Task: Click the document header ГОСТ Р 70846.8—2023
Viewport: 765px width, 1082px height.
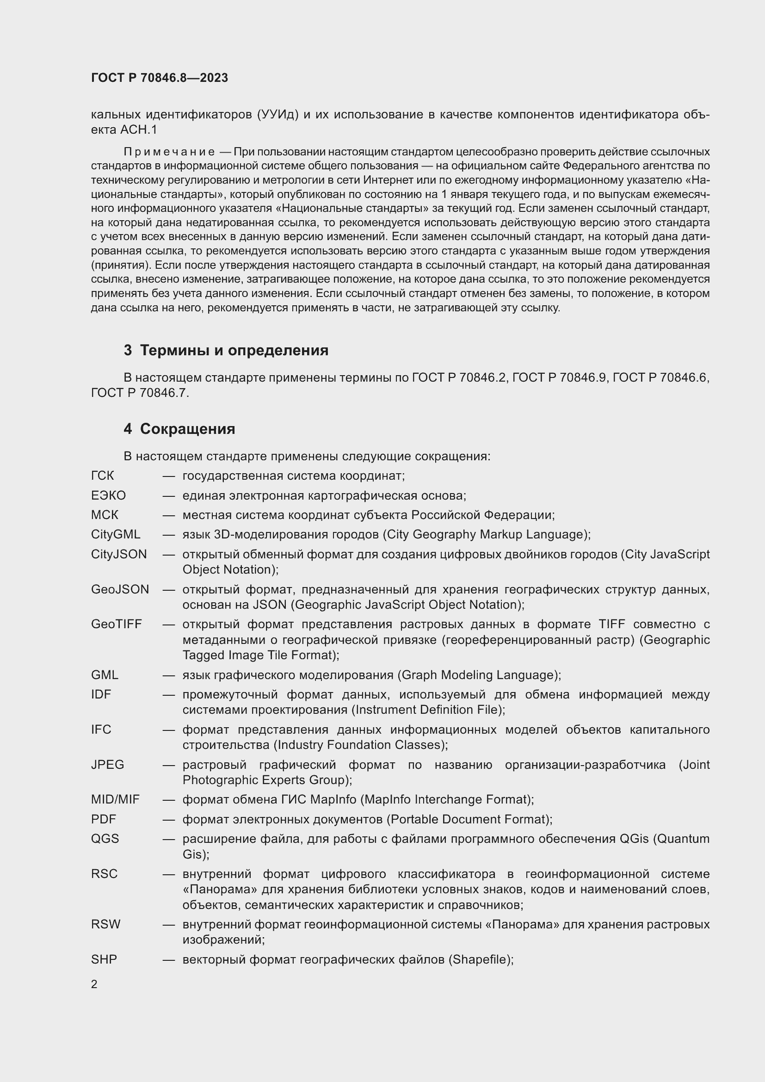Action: [159, 78]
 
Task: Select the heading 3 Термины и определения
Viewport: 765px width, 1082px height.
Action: [226, 350]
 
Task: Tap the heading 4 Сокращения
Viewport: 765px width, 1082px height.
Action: [179, 428]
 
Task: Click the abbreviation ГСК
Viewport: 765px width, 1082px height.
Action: [103, 476]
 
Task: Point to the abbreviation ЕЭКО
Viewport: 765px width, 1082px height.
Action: [108, 495]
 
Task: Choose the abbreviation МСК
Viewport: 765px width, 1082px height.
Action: [105, 514]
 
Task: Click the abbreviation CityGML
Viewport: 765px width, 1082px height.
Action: [116, 534]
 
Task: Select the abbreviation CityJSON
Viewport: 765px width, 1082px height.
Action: [119, 554]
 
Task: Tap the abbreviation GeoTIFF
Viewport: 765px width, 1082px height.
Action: [116, 624]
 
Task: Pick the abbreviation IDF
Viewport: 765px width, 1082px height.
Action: [101, 694]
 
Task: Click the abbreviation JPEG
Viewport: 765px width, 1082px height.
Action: [107, 764]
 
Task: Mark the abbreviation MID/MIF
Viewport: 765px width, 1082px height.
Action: [115, 799]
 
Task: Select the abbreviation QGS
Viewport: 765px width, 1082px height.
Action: [105, 838]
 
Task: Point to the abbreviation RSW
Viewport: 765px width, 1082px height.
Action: [105, 924]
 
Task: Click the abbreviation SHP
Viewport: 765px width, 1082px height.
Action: [104, 959]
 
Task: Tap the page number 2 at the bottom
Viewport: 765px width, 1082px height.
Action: [94, 984]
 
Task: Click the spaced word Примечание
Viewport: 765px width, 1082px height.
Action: [169, 152]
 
